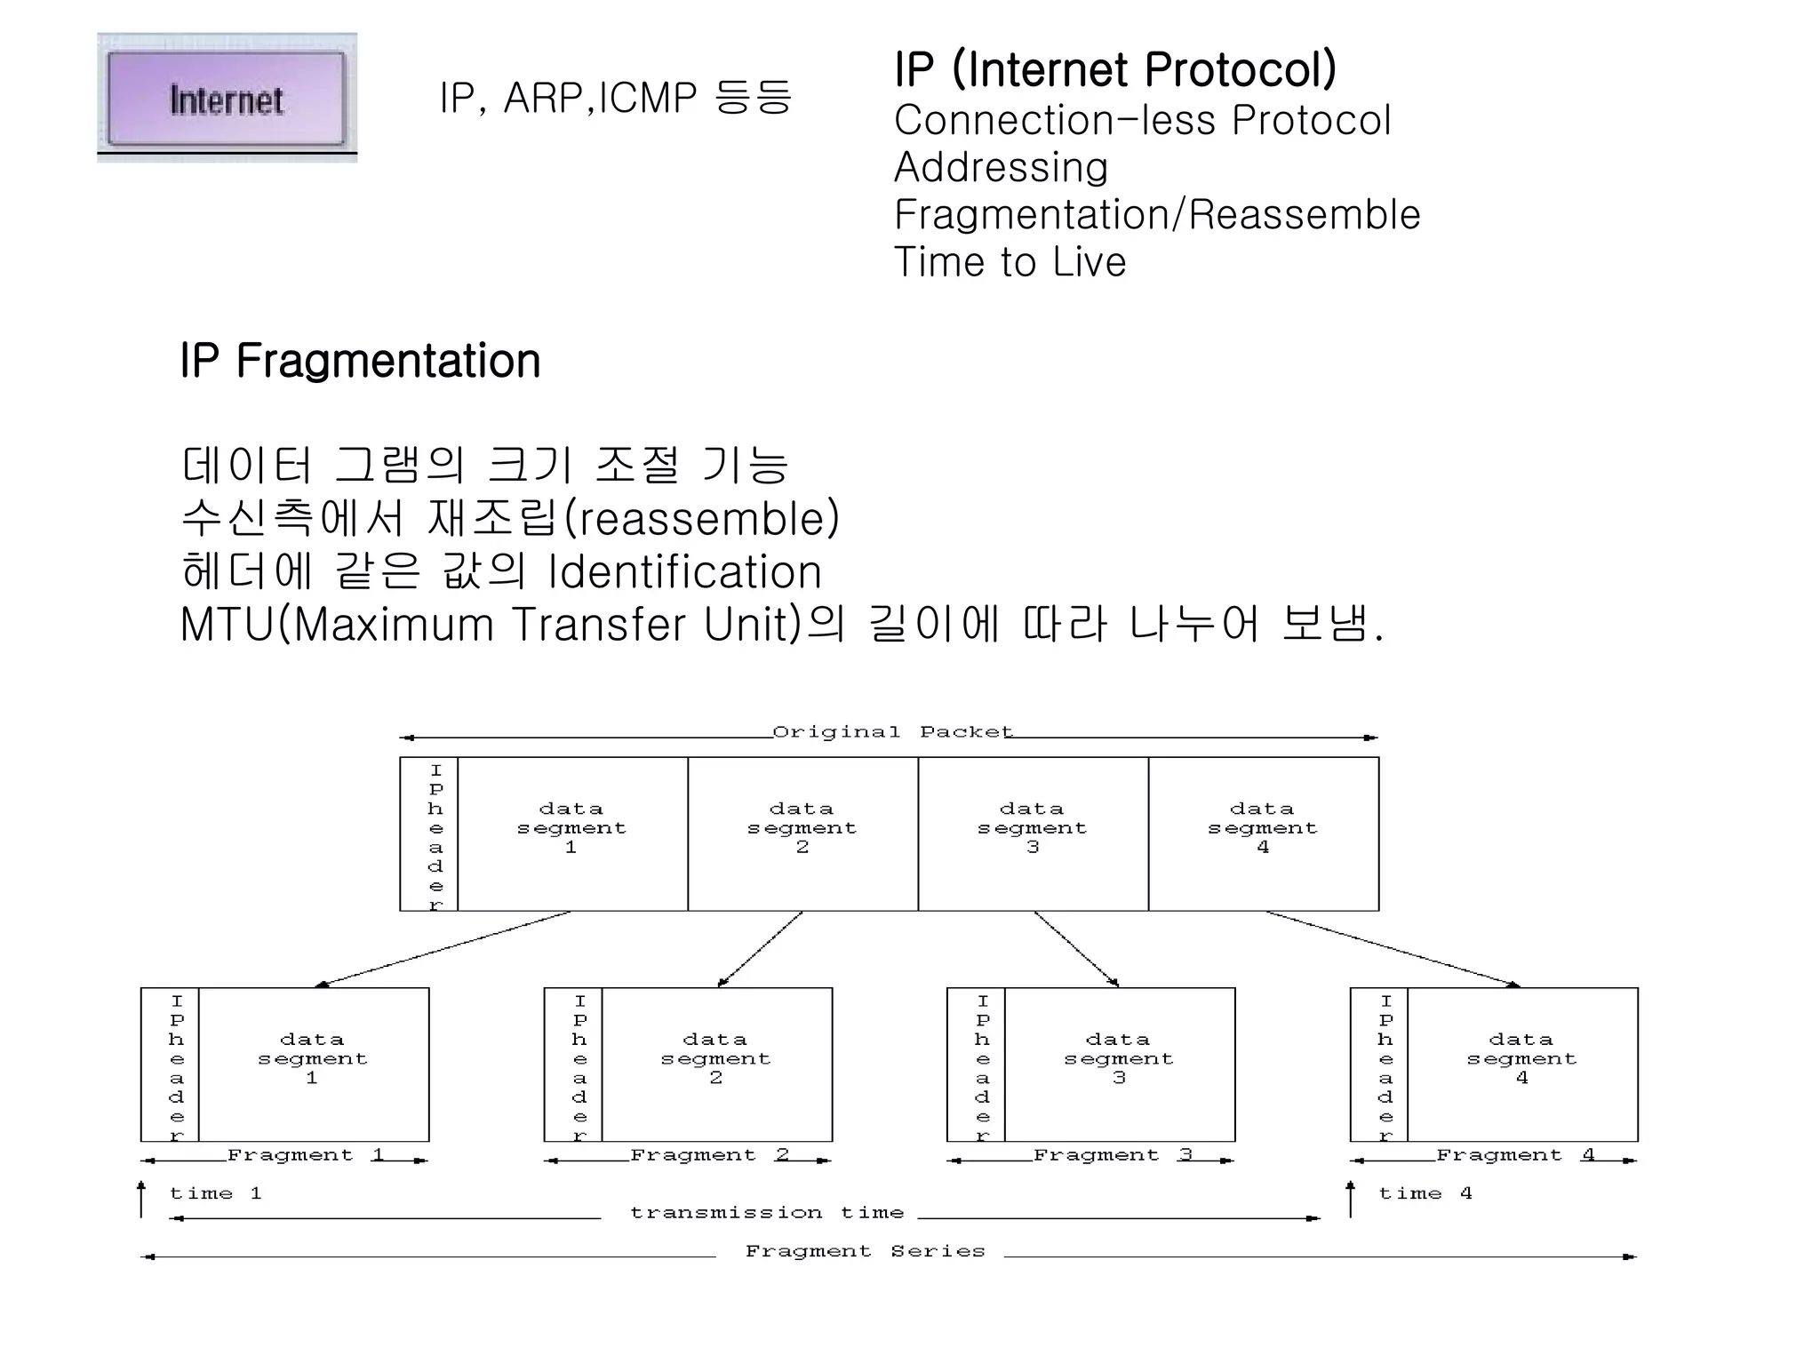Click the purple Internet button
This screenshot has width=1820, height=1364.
[227, 99]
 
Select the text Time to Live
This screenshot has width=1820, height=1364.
[1010, 262]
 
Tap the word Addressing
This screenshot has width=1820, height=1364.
[1001, 167]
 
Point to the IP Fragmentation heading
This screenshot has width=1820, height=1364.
[360, 361]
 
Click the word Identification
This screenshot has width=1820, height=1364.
[684, 571]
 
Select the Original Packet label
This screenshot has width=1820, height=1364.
[892, 732]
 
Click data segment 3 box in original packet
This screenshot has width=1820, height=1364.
[1033, 834]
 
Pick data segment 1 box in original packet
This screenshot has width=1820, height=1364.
[571, 834]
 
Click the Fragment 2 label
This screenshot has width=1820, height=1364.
[709, 1155]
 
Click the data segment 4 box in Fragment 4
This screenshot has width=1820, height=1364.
[1521, 1064]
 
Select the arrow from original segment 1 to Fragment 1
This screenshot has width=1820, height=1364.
[444, 949]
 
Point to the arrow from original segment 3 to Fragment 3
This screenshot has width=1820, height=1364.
[1076, 949]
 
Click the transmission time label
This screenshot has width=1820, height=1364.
[766, 1213]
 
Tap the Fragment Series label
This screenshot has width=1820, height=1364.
[865, 1251]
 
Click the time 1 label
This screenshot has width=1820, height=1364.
[215, 1193]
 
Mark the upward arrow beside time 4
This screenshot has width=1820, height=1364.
[1351, 1199]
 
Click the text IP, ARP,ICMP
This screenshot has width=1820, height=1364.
[568, 98]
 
